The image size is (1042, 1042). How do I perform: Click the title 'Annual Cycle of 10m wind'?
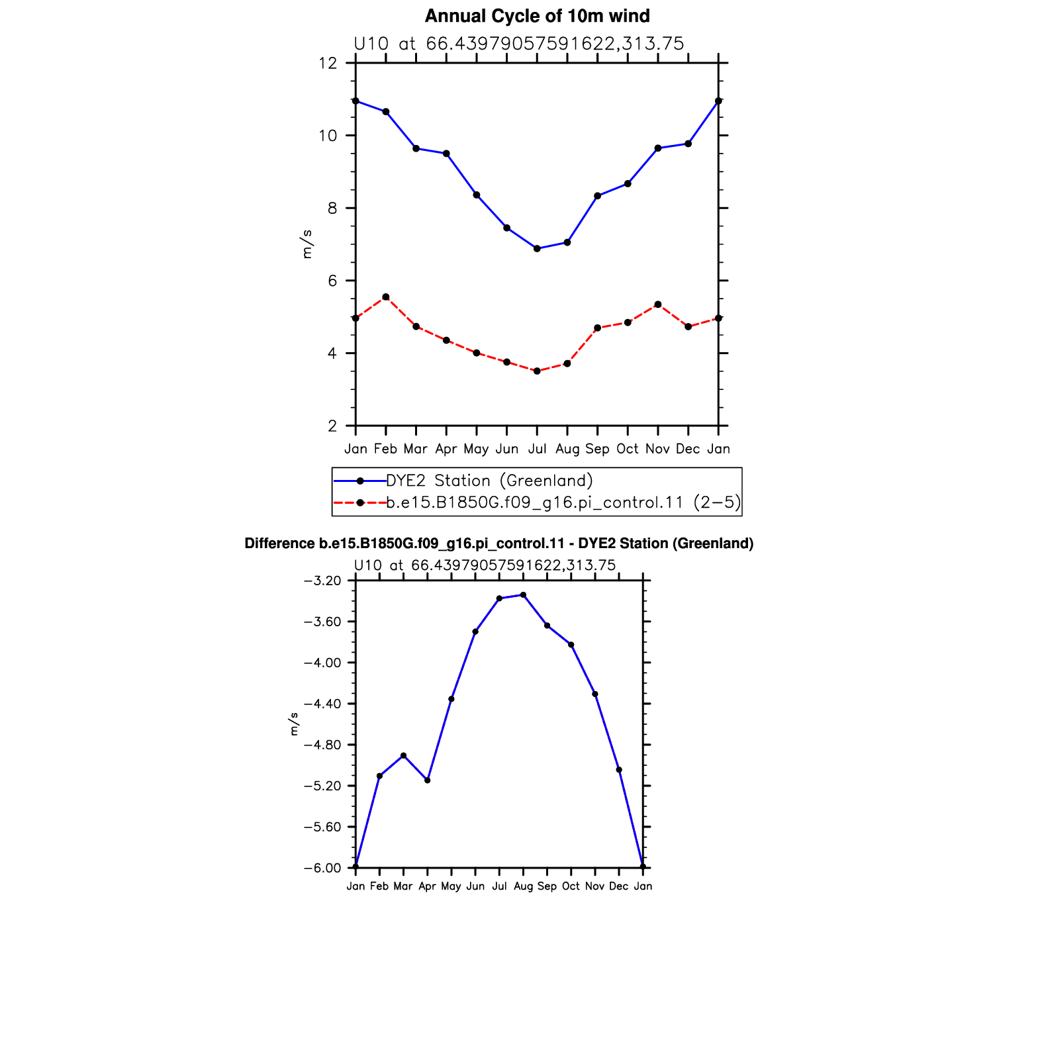coord(537,16)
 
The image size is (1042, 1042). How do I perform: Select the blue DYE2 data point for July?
coord(537,249)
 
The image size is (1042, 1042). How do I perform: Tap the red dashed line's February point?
coord(386,297)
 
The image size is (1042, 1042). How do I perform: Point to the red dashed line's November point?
coord(658,305)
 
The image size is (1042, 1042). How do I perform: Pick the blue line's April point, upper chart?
coord(446,154)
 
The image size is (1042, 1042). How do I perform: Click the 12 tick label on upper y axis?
coord(328,64)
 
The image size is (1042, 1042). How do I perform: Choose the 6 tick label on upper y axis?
coord(332,281)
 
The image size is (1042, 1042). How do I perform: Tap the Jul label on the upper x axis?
coord(537,449)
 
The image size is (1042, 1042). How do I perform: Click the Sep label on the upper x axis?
coord(597,450)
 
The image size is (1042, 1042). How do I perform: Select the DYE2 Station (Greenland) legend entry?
coord(489,481)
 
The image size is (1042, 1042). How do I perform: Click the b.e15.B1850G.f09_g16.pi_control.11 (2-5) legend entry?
coord(563,502)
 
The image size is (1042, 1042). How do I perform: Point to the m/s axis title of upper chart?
coord(307,244)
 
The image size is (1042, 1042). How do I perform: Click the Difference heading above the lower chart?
coord(499,544)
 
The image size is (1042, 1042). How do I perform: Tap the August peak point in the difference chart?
coord(523,595)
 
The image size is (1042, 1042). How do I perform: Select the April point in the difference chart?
coord(428,781)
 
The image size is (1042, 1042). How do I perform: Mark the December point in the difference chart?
coord(619,770)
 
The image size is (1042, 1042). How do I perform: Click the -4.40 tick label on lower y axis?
coord(322,704)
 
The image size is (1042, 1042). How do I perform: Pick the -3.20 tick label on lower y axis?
coord(322,581)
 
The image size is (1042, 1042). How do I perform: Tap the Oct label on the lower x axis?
coord(571,886)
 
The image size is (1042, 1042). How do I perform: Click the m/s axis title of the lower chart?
coord(294,724)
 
